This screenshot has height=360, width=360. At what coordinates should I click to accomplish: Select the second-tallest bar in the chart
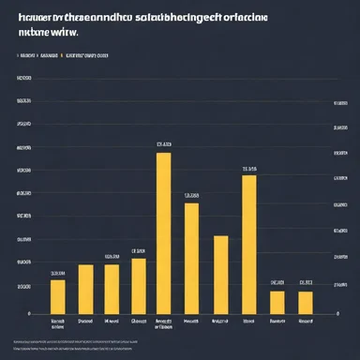pyautogui.click(x=248, y=244)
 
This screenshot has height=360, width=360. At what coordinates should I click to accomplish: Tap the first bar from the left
pyautogui.click(x=58, y=296)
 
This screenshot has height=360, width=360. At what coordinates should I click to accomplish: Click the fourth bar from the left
pyautogui.click(x=139, y=286)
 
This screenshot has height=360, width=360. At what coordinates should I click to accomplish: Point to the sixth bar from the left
pyautogui.click(x=191, y=258)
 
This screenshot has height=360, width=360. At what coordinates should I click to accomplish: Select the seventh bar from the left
pyautogui.click(x=221, y=274)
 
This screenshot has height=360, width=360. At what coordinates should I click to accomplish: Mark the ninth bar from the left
pyautogui.click(x=277, y=302)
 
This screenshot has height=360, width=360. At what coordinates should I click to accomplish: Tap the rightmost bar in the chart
pyautogui.click(x=305, y=302)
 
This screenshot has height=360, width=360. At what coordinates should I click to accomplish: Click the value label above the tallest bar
pyautogui.click(x=164, y=144)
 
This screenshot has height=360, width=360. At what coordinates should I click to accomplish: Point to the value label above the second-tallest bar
pyautogui.click(x=248, y=170)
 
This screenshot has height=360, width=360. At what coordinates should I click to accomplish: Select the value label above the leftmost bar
pyautogui.click(x=58, y=273)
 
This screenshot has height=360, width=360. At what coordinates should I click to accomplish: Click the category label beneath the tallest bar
pyautogui.click(x=164, y=323)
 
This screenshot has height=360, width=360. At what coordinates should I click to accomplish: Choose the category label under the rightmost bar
pyautogui.click(x=305, y=321)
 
